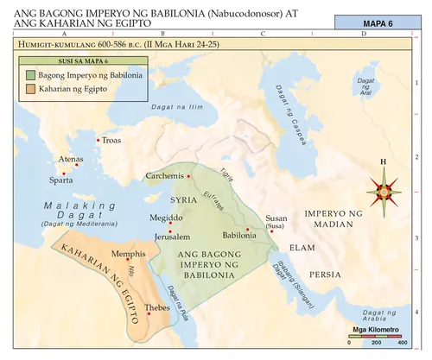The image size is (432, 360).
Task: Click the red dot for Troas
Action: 98,139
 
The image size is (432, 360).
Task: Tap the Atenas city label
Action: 71,160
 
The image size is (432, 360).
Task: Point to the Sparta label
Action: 60,180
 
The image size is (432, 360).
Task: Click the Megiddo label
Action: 167,218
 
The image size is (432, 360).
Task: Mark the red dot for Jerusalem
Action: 170,226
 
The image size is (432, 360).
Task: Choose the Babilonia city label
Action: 238,235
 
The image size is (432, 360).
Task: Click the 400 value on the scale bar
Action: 403,343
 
